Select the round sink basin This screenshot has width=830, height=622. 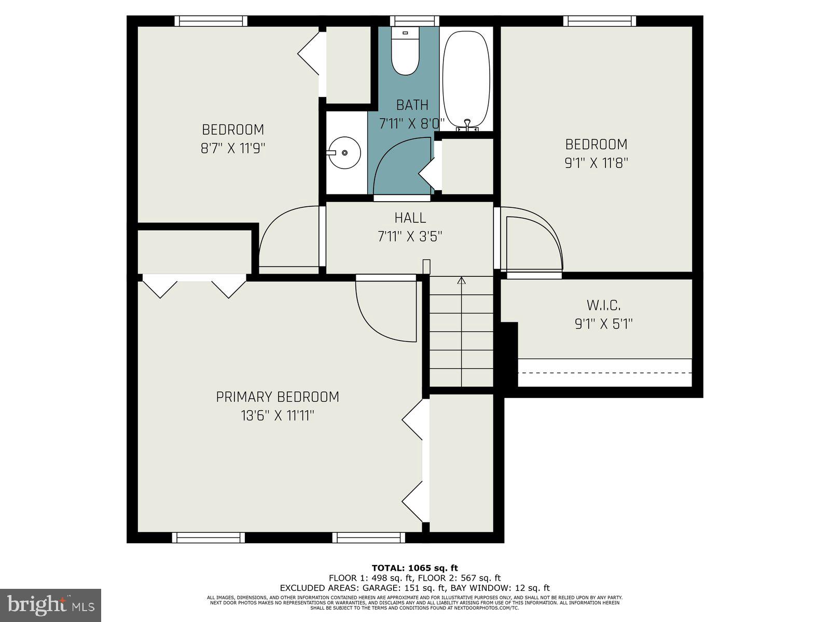click(344, 152)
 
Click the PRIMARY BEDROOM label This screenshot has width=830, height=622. click(278, 397)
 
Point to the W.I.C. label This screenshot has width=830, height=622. click(603, 305)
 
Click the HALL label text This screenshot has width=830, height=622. click(410, 218)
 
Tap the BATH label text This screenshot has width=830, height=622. click(412, 105)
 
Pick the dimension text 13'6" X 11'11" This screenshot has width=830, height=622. click(278, 416)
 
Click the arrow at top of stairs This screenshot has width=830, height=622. click(461, 281)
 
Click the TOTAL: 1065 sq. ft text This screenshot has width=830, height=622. click(414, 568)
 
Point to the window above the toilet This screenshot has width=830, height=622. click(407, 21)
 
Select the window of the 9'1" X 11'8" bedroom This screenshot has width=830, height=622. click(600, 21)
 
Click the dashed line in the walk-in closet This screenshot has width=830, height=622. click(605, 373)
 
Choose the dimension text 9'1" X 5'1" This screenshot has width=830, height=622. click(603, 324)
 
